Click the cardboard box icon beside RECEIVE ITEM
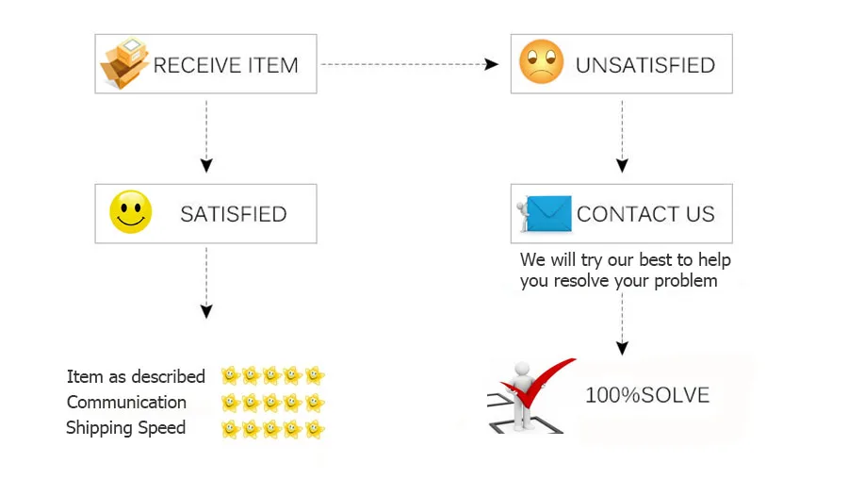coord(124,63)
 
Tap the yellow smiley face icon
coord(130,212)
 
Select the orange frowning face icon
coord(542,62)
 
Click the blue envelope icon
coord(548,213)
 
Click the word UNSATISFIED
coord(645,65)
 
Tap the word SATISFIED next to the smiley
coord(233,214)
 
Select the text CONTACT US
coord(645,214)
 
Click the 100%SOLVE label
coord(647,395)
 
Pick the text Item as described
coord(136,376)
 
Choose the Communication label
coord(126,402)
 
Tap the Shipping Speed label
coord(125,427)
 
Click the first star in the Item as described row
coord(230,375)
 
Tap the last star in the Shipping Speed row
coord(315,429)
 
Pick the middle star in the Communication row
coord(272,403)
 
